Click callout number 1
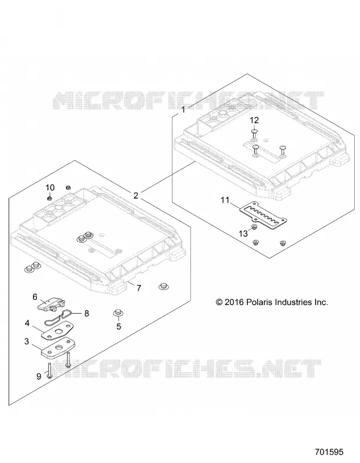click(183, 110)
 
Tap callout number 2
click(136, 196)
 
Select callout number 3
click(27, 341)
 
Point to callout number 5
click(119, 326)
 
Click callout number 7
click(139, 288)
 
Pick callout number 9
click(39, 377)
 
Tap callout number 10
click(50, 188)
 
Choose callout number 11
click(225, 200)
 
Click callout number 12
click(254, 120)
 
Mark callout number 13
click(243, 234)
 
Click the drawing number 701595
click(329, 452)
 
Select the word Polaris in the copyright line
click(260, 302)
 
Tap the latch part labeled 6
click(52, 303)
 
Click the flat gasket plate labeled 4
click(56, 330)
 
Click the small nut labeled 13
click(253, 227)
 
